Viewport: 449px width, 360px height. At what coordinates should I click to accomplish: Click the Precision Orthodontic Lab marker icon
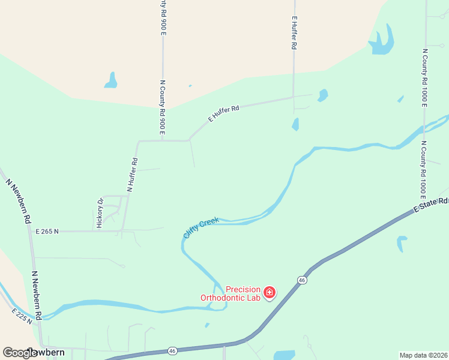coord(270,292)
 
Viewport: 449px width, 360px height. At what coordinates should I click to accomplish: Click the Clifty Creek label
coord(201,228)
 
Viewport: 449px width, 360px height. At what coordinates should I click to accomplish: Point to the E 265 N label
coord(47,231)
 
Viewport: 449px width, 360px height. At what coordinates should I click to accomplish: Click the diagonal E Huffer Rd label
coord(224,114)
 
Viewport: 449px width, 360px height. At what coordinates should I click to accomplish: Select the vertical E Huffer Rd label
coord(294,32)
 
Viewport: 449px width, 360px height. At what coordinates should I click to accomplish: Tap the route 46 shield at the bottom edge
coord(172,350)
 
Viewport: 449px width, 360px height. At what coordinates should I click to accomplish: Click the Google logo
coord(20,352)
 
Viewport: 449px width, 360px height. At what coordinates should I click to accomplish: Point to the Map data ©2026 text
coord(423,355)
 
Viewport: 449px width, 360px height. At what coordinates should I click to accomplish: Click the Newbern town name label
coord(45,352)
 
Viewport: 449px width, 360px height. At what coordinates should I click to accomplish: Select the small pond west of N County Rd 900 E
coord(111,80)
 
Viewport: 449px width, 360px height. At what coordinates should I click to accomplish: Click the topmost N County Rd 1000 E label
coord(424,77)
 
